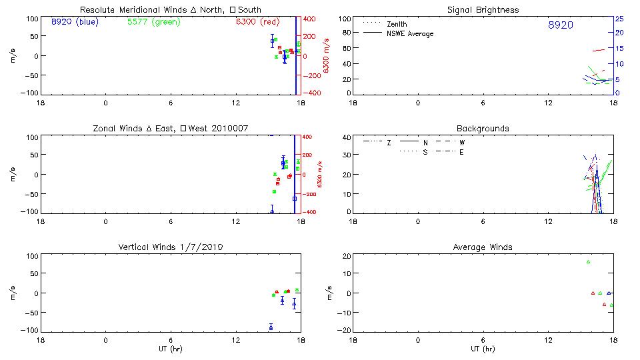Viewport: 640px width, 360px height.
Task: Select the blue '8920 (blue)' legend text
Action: click(x=74, y=21)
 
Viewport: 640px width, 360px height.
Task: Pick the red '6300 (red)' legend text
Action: click(x=257, y=22)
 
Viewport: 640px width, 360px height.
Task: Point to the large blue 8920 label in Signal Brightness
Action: click(x=560, y=25)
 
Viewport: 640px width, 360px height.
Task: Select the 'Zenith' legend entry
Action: click(x=397, y=24)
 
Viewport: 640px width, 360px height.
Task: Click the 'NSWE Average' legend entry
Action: click(x=410, y=33)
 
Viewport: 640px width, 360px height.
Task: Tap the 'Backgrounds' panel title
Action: click(x=483, y=128)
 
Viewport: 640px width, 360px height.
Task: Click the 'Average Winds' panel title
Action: click(x=483, y=247)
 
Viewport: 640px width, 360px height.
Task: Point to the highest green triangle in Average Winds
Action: click(x=588, y=262)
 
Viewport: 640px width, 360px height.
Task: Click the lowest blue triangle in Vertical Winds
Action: click(x=271, y=327)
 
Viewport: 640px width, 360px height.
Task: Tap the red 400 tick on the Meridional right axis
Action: click(x=311, y=19)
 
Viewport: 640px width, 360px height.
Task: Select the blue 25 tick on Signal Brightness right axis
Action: click(x=619, y=19)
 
